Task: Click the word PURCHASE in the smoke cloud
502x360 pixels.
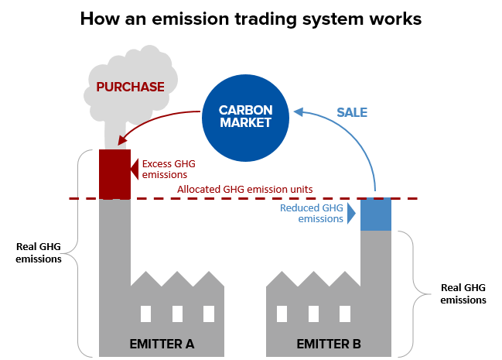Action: pos(130,87)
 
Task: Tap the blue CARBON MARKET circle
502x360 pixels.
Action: pos(244,116)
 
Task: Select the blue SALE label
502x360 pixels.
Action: pos(351,113)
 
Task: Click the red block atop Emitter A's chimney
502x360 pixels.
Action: pos(114,174)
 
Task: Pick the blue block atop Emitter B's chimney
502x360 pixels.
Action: pos(376,214)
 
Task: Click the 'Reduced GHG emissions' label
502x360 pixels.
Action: pos(311,214)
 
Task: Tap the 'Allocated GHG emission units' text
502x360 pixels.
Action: pos(244,190)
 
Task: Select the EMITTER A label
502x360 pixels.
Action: pos(162,343)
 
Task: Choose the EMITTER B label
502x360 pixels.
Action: pos(329,343)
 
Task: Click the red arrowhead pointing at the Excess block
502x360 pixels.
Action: pos(135,170)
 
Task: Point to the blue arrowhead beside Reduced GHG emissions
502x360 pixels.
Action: pos(353,214)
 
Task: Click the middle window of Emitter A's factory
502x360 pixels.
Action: pos(177,314)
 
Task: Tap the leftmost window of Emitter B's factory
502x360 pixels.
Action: pos(282,314)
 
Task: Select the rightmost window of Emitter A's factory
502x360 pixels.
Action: pos(208,314)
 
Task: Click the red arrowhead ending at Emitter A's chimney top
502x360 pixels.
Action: pos(121,141)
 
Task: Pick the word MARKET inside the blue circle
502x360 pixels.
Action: pos(244,123)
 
